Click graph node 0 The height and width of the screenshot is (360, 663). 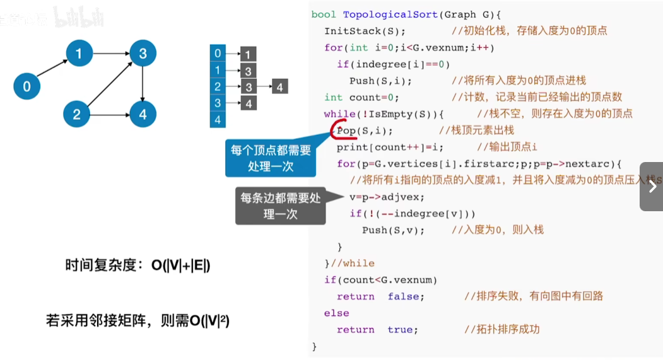pos(26,86)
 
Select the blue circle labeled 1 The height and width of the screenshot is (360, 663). pos(79,54)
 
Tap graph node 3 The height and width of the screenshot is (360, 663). pos(143,54)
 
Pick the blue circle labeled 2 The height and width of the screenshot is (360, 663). pos(77,114)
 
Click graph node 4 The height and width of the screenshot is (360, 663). pos(143,114)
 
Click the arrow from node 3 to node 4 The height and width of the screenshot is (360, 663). pos(143,84)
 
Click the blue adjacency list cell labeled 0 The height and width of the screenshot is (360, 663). pos(218,54)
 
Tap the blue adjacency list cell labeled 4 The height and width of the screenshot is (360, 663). pos(218,119)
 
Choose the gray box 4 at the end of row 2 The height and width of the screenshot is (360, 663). pos(280,87)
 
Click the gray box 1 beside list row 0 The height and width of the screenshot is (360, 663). pos(249,54)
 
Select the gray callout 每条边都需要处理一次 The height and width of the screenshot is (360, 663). pos(281,206)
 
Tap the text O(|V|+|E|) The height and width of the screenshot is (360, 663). pos(181,265)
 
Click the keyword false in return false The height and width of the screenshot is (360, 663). pos(406,296)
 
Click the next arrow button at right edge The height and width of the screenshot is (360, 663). pos(651,187)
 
